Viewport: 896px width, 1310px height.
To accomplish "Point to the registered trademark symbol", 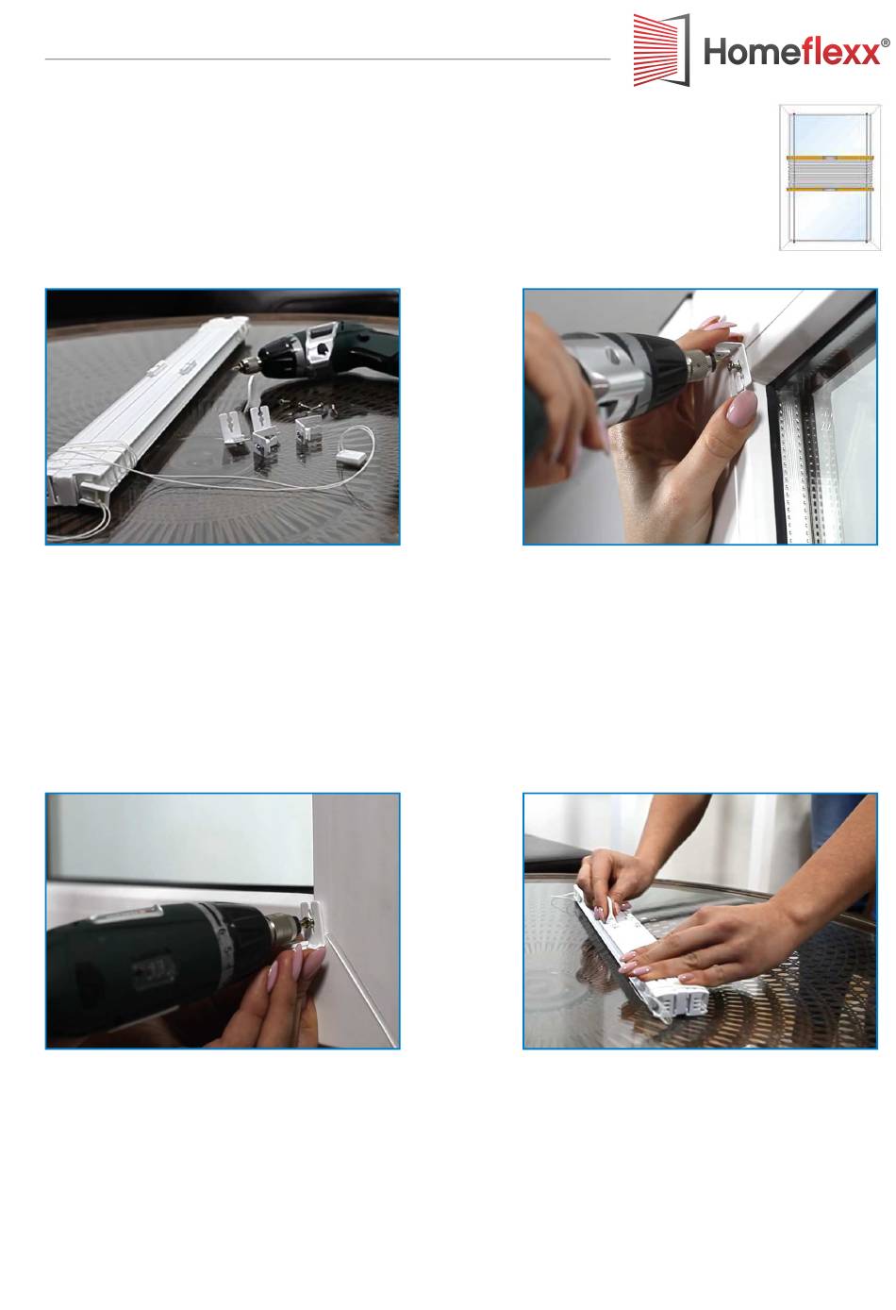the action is click(886, 42).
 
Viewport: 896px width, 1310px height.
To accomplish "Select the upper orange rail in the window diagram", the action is click(829, 158).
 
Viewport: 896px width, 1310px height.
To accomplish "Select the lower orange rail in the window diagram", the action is click(829, 189).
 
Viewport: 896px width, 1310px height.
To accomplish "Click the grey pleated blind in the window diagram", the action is click(829, 174).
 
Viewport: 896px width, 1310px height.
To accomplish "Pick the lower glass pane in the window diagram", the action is click(829, 214).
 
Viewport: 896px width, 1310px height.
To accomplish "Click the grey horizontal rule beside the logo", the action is click(327, 59).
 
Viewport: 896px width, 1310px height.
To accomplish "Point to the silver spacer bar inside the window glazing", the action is click(799, 462).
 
